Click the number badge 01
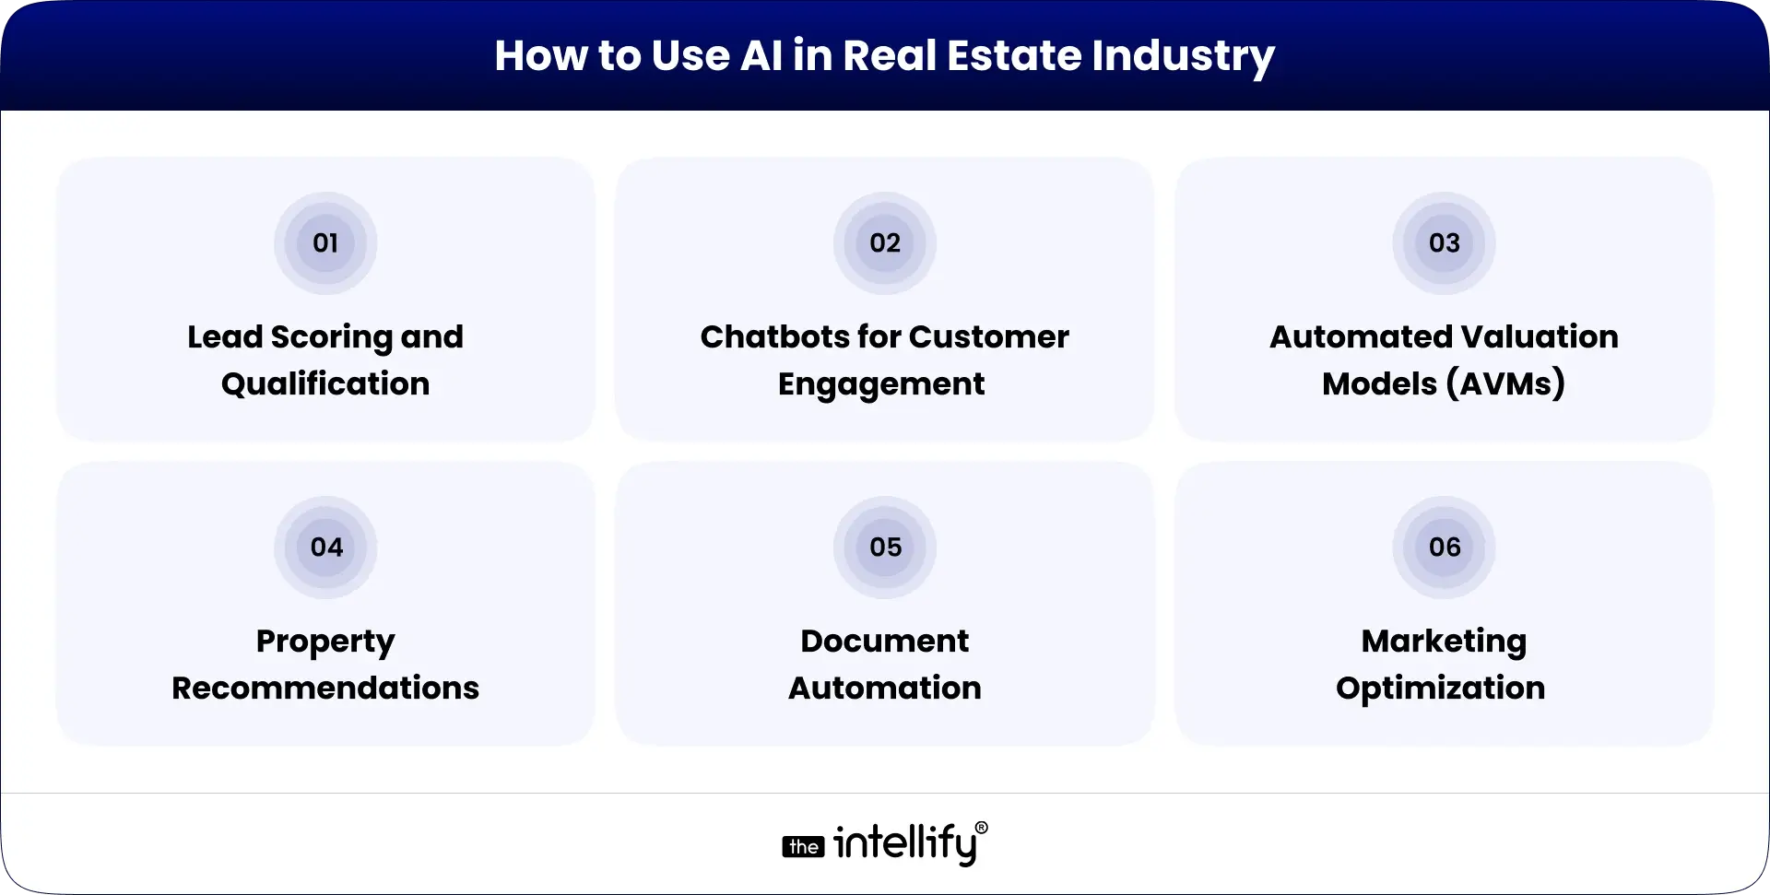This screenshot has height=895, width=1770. pyautogui.click(x=325, y=243)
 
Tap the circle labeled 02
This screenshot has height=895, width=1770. pyautogui.click(x=884, y=243)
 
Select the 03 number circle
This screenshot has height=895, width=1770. pyautogui.click(x=1444, y=243)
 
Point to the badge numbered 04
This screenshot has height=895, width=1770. pyautogui.click(x=325, y=548)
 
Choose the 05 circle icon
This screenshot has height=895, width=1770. pyautogui.click(x=884, y=548)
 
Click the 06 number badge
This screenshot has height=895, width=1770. pyautogui.click(x=1444, y=548)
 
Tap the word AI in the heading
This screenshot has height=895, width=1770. pyautogui.click(x=761, y=55)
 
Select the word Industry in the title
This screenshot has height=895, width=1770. pyautogui.click(x=1183, y=57)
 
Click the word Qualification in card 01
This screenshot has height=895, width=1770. pyautogui.click(x=325, y=384)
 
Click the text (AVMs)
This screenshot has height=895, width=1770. pyautogui.click(x=1505, y=384)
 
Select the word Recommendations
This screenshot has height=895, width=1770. pyautogui.click(x=325, y=689)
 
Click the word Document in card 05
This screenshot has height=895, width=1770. pyautogui.click(x=884, y=642)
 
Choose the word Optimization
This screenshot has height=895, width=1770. pyautogui.click(x=1440, y=689)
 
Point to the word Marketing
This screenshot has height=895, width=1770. pyautogui.click(x=1444, y=642)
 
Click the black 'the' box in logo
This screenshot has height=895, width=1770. pyautogui.click(x=804, y=846)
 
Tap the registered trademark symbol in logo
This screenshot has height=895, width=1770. pyautogui.click(x=981, y=828)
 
